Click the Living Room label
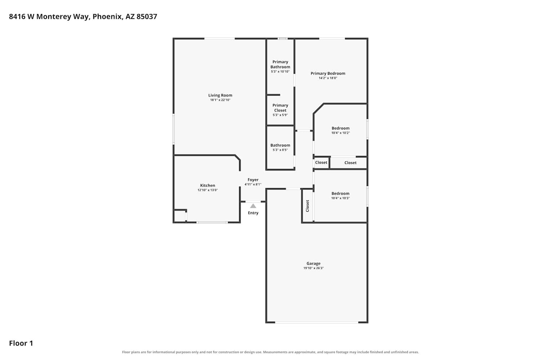(220, 95)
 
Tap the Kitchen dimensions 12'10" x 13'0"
(208, 190)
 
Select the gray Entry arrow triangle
(253, 206)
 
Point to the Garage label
(313, 263)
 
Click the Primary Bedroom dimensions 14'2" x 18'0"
(328, 78)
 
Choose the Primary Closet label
(280, 108)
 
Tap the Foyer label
(253, 180)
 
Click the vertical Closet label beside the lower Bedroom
(307, 206)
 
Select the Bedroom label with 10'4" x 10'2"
(340, 128)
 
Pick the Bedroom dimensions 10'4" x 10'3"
(340, 198)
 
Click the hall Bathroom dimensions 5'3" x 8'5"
(280, 150)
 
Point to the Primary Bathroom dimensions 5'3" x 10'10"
(280, 71)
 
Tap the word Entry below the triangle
(253, 213)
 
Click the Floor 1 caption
(21, 343)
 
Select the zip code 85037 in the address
(147, 17)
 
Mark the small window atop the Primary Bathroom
(282, 38)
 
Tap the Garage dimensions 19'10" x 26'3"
(313, 268)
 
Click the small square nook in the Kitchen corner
(180, 216)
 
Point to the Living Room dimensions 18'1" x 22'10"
(220, 100)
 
